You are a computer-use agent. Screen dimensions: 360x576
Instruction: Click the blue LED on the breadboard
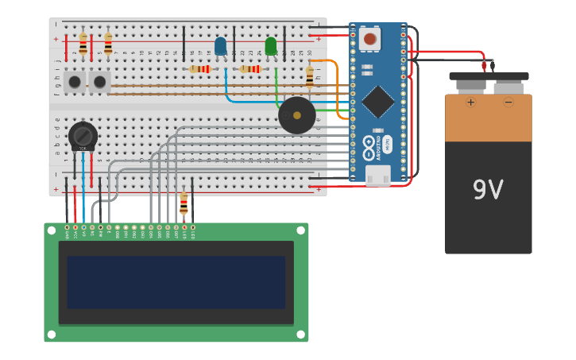tap(220, 46)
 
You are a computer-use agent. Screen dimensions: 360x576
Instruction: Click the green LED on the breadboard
tap(271, 46)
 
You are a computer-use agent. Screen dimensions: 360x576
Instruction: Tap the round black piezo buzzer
tap(297, 115)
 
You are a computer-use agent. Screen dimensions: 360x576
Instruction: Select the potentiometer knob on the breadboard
tap(83, 135)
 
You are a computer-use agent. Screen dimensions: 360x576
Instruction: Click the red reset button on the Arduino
tap(369, 38)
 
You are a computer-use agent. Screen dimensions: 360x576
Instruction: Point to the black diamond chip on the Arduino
tap(378, 101)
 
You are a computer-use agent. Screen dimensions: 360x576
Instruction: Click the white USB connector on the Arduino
tap(378, 175)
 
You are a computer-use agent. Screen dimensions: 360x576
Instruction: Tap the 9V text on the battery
tap(488, 189)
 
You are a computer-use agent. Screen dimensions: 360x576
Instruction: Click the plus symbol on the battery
tap(470, 102)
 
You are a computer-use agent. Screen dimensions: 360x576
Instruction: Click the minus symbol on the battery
tap(508, 102)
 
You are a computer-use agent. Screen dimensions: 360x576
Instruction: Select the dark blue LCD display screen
tap(176, 281)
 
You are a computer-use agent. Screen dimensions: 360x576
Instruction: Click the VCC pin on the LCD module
tap(75, 228)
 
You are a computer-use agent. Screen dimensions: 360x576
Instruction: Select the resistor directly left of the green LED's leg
tap(250, 69)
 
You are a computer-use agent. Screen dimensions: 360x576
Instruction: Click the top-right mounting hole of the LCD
tap(301, 230)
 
